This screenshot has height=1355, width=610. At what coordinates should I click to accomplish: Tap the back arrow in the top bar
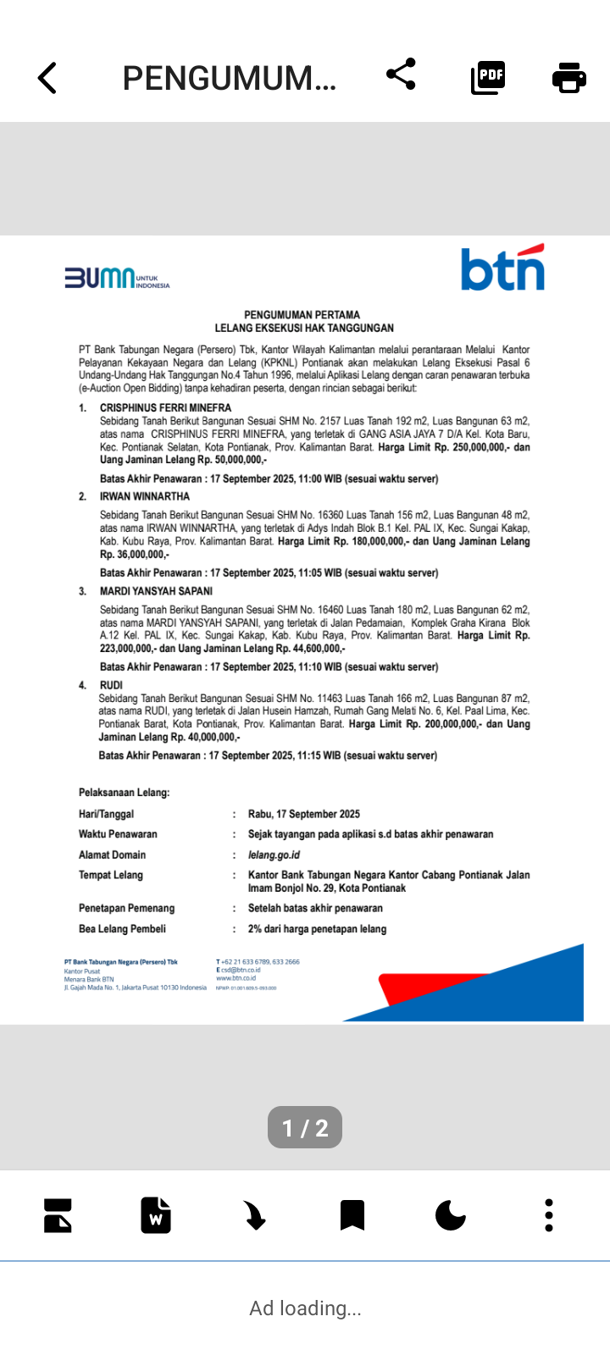tap(47, 78)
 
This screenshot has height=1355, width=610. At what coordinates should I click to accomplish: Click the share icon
tap(401, 75)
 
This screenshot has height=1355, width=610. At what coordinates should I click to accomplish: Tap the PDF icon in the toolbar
tap(488, 77)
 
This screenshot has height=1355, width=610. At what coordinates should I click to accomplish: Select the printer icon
tap(568, 77)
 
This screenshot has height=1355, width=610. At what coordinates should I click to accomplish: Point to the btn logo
tap(502, 268)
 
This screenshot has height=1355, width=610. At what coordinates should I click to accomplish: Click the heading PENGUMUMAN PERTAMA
tap(302, 315)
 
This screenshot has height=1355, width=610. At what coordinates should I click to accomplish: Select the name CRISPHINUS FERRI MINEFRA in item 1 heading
tap(165, 407)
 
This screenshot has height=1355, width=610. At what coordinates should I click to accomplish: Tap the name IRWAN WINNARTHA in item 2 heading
tap(145, 496)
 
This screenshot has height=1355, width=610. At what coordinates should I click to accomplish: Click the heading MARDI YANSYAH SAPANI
tap(156, 591)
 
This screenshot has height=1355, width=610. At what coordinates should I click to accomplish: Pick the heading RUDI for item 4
tap(111, 685)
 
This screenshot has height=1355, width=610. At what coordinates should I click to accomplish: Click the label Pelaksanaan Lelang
tap(124, 793)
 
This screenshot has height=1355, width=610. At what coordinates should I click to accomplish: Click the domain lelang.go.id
tap(274, 855)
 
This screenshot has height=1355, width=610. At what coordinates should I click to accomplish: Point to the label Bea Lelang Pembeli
tap(122, 929)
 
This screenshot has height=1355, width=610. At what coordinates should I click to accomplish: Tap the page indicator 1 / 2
tap(305, 1128)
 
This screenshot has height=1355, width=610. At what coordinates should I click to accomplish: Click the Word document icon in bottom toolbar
tap(156, 1215)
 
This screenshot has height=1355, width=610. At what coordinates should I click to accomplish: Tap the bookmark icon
tap(352, 1215)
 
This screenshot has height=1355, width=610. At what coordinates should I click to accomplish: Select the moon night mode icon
tap(450, 1215)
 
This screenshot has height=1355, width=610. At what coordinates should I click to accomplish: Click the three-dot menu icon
tap(549, 1215)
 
